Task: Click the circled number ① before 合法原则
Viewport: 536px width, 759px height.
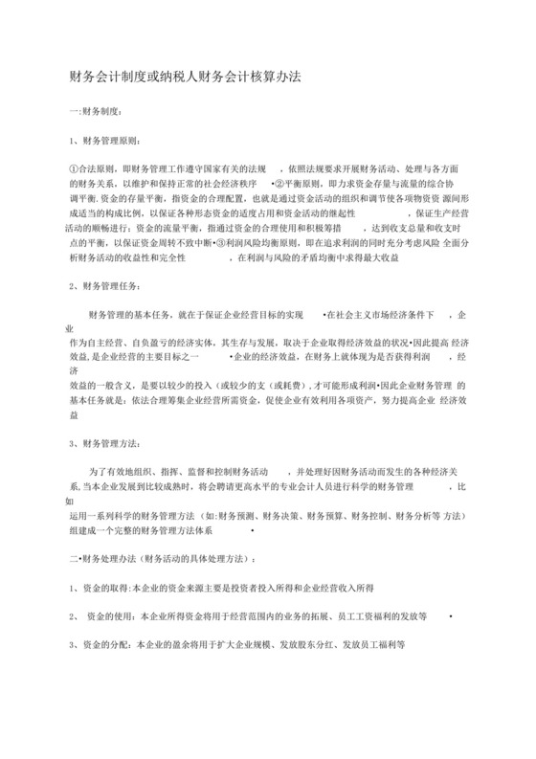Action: [77, 167]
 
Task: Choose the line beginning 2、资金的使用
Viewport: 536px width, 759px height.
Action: [249, 615]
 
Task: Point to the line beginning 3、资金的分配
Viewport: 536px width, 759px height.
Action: [239, 645]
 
